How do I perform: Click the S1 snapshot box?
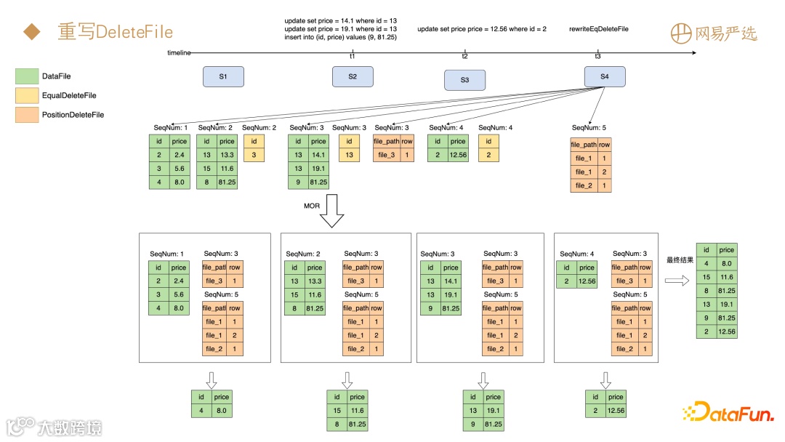(223, 77)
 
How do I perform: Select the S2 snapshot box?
(353, 77)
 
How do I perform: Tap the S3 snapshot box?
(464, 80)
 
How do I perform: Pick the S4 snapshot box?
(605, 77)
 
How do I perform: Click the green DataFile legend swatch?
(26, 76)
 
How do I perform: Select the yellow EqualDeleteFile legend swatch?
(26, 95)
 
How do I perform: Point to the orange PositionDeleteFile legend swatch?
(26, 115)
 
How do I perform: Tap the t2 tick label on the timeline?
(464, 57)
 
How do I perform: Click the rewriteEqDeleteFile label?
(598, 29)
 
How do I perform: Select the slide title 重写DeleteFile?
(116, 32)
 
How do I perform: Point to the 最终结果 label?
(680, 260)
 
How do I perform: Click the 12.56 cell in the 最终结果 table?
(727, 331)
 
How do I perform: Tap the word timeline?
(179, 53)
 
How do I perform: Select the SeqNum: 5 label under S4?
(589, 128)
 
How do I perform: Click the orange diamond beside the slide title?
(31, 32)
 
